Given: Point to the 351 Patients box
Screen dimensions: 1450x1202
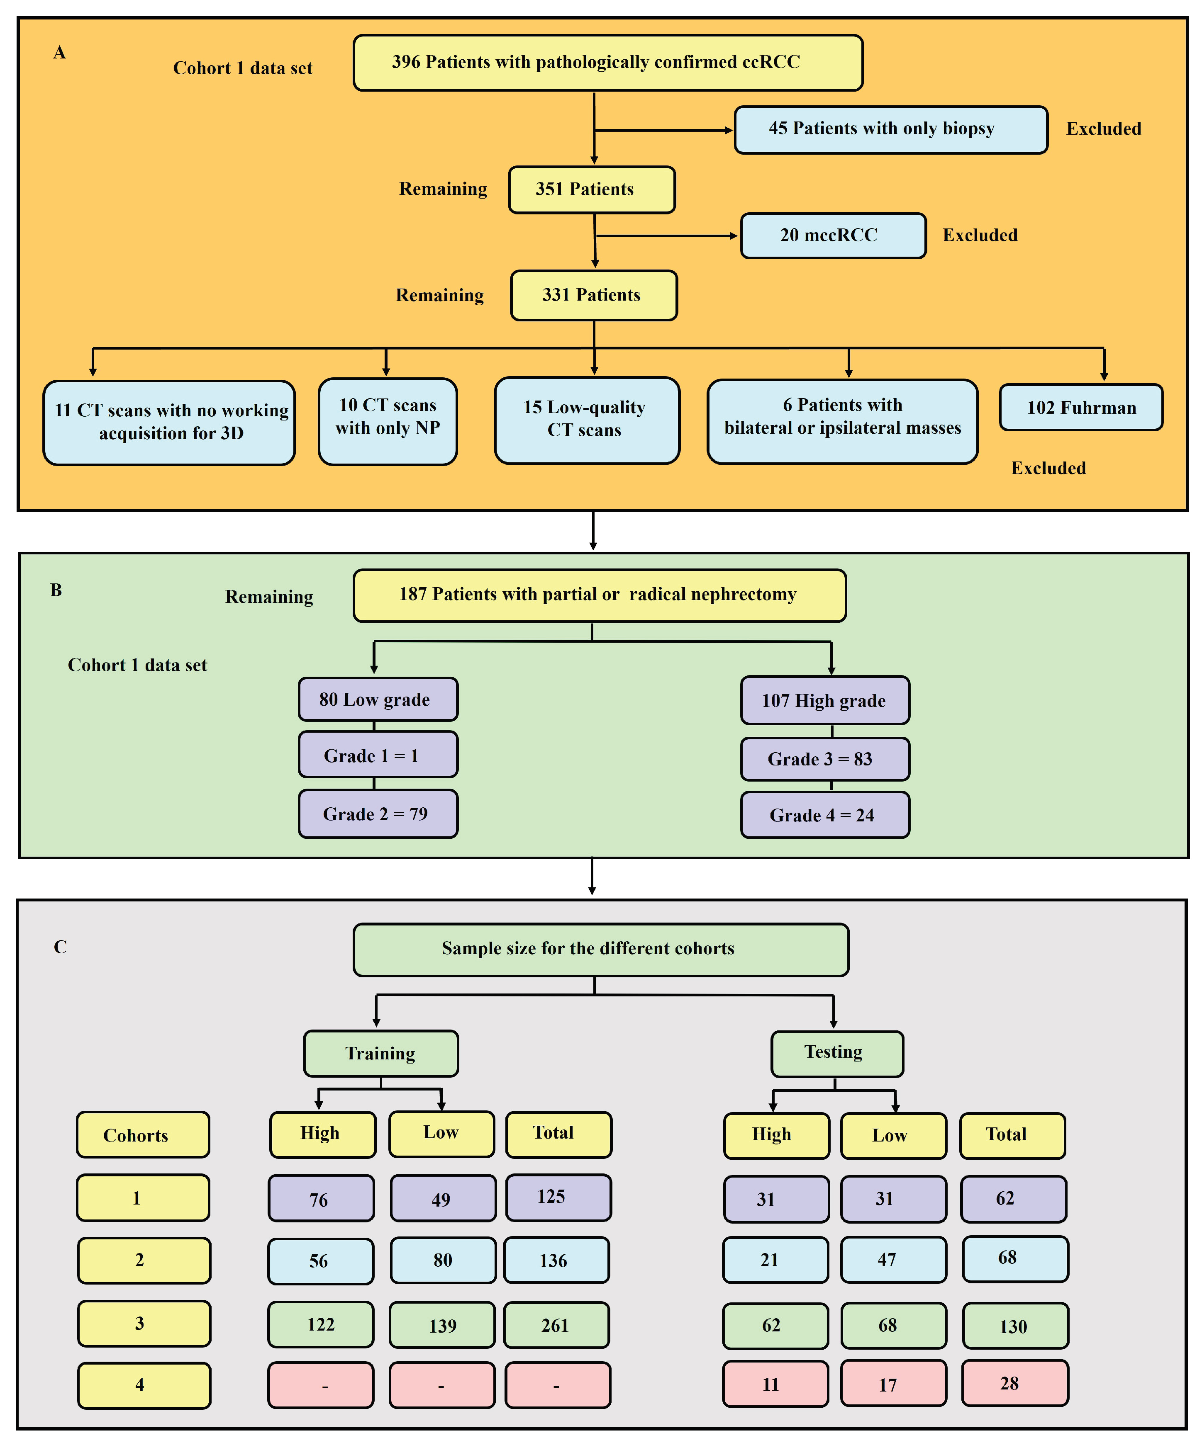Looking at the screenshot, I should (x=591, y=189).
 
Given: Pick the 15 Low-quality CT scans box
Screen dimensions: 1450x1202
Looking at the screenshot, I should (x=587, y=420).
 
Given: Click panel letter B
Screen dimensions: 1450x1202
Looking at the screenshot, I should (x=56, y=590).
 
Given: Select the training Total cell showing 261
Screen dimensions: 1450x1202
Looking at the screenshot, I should (x=556, y=1324).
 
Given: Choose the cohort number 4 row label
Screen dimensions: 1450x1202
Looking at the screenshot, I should (x=144, y=1384).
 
